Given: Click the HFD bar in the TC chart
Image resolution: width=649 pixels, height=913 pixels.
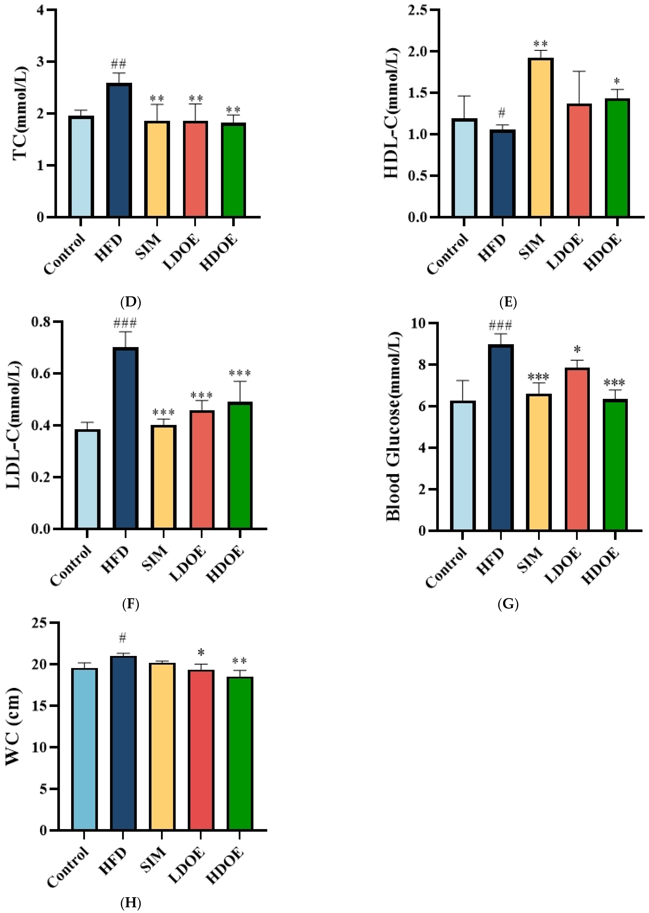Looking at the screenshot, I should tap(119, 150).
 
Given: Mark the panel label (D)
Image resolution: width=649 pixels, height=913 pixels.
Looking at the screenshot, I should tap(131, 302).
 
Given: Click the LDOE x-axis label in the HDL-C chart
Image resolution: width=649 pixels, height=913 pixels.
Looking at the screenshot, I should tap(565, 253).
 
